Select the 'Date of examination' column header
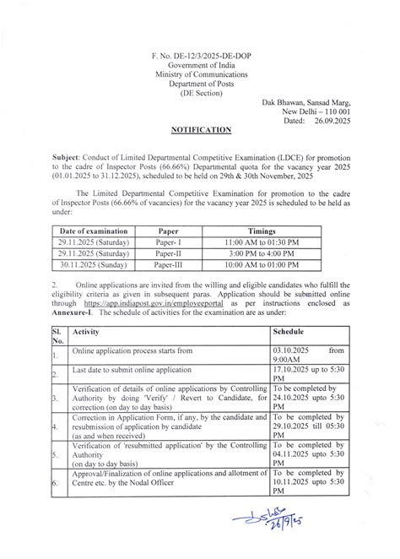tap(94, 230)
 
